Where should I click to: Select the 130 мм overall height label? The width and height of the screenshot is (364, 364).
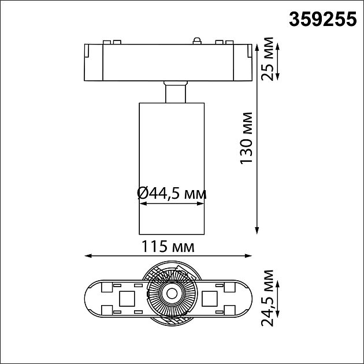click(x=247, y=137)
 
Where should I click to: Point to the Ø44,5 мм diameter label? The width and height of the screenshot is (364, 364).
click(x=172, y=193)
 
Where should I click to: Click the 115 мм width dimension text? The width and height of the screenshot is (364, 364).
click(x=168, y=247)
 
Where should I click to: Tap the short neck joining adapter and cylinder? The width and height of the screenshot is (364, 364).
click(x=176, y=93)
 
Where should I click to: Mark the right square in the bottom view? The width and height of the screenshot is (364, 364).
click(x=210, y=299)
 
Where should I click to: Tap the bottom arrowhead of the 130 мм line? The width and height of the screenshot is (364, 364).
click(x=257, y=231)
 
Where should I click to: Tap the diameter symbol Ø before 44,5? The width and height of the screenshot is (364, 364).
click(x=143, y=193)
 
